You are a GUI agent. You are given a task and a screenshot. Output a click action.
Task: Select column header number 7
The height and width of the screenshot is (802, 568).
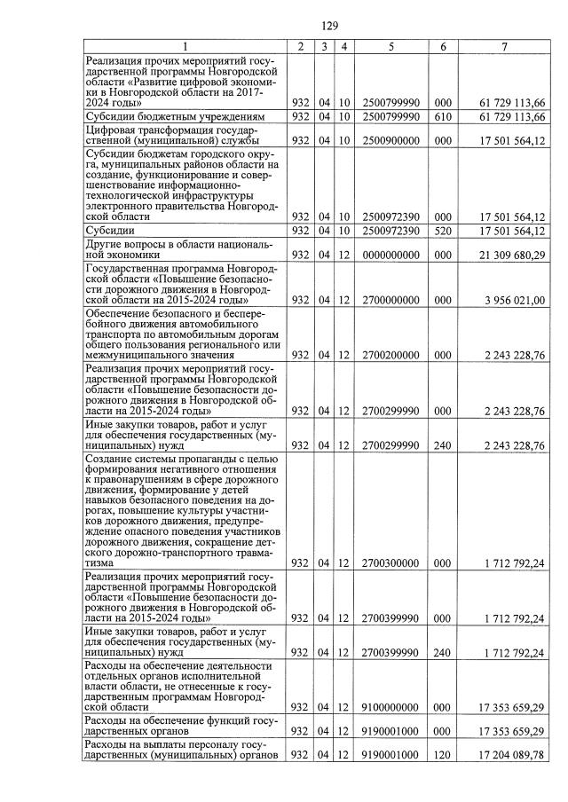(503, 46)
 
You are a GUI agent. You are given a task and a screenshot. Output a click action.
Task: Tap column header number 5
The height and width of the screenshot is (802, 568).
(390, 46)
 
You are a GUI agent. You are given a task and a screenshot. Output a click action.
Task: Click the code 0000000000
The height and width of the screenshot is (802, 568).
(390, 256)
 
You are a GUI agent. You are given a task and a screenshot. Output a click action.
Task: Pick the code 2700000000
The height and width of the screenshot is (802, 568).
(390, 301)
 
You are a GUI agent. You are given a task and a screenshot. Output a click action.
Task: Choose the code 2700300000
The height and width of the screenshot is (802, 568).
(390, 562)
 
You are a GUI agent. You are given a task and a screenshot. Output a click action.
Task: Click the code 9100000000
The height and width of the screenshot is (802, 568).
(390, 706)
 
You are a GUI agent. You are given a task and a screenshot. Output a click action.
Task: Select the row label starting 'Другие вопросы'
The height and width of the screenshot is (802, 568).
(177, 249)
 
